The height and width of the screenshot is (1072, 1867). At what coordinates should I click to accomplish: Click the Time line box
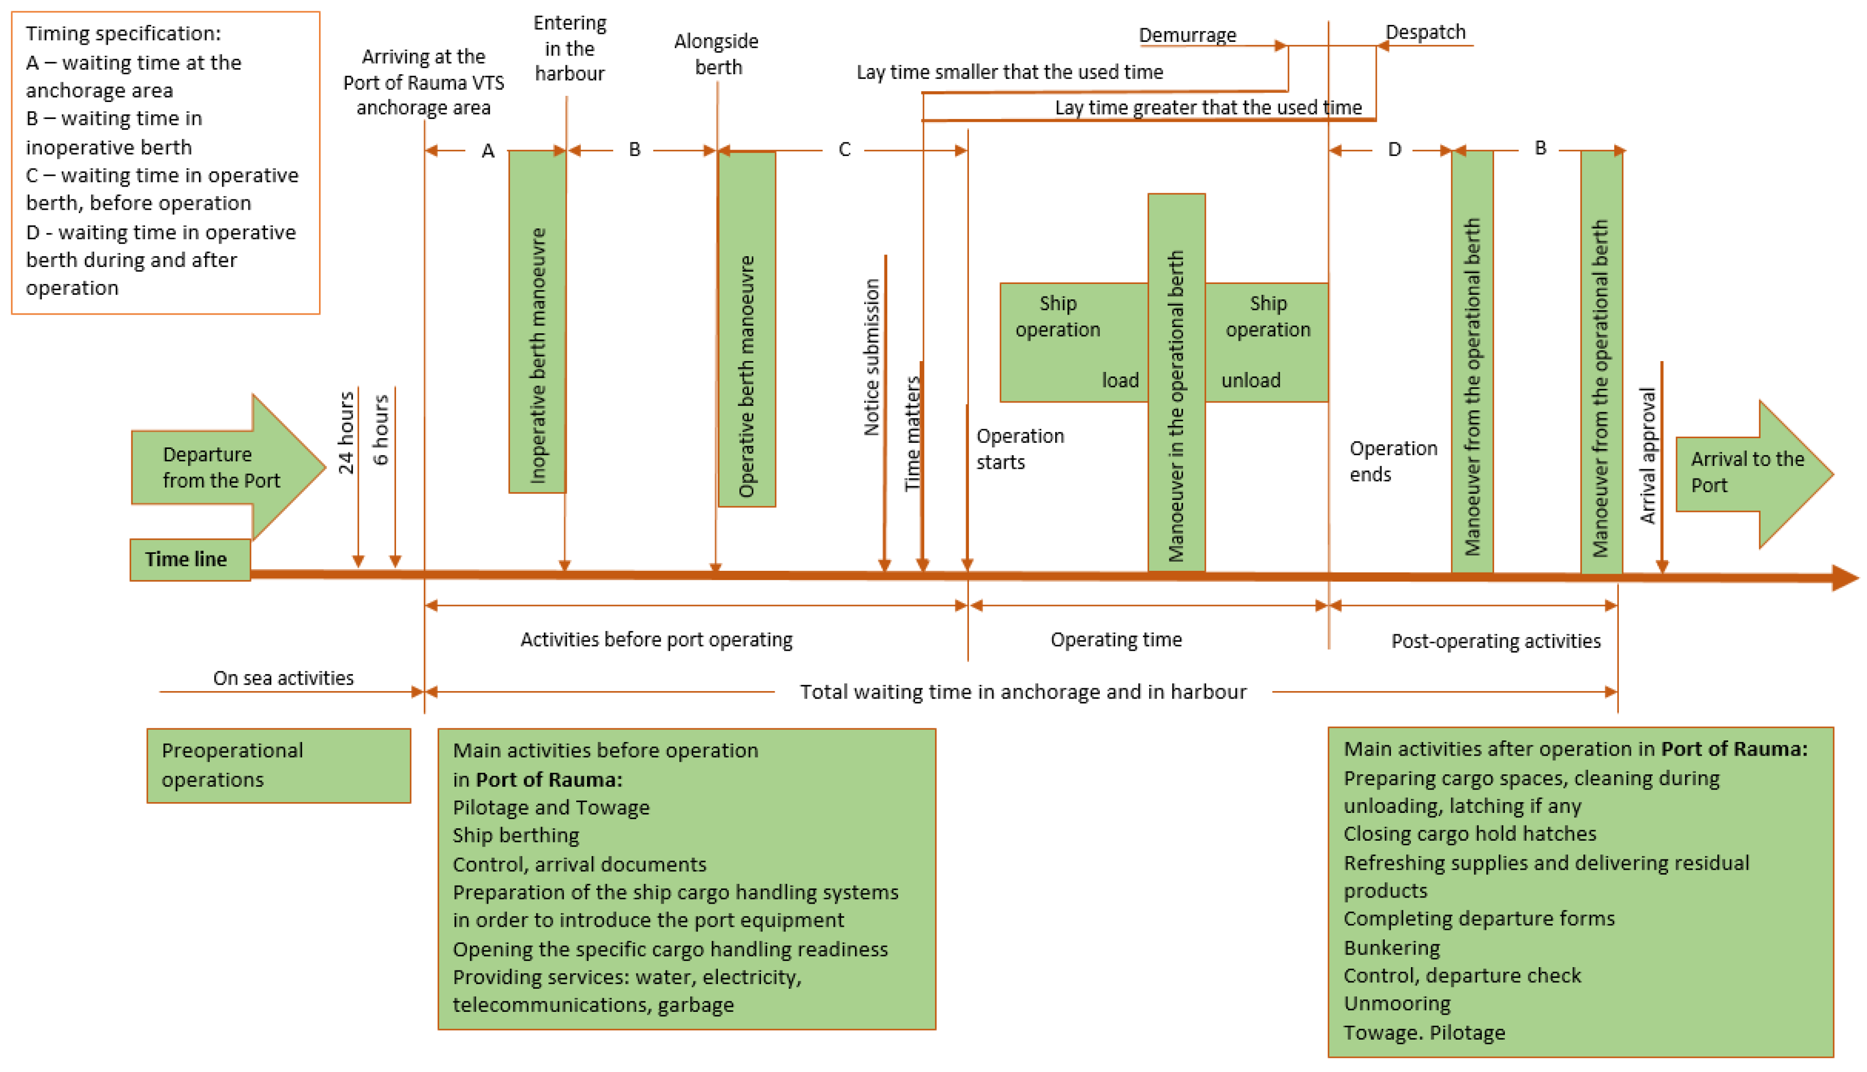point(190,560)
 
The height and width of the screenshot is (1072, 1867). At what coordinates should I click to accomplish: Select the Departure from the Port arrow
point(221,468)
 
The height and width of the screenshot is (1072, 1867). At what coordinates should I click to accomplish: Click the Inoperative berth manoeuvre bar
point(537,322)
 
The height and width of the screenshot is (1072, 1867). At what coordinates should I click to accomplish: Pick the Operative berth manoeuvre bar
point(746,329)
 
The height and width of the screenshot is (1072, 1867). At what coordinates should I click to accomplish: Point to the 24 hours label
point(346,433)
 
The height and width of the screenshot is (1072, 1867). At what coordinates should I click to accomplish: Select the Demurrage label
point(1187,35)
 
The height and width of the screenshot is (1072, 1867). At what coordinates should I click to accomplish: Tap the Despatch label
point(1426,32)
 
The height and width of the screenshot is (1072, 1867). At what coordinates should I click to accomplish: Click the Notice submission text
point(871,357)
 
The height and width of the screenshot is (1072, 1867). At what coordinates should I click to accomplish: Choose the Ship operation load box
point(1073,342)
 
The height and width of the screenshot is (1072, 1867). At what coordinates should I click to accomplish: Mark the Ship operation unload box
point(1266,342)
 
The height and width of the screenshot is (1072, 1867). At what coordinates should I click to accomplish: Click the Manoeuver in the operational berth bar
point(1176,383)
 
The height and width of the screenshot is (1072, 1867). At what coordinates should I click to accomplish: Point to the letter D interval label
point(1394,150)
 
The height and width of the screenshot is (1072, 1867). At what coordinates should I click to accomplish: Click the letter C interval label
point(844,150)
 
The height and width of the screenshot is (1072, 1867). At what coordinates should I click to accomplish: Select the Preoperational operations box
point(278,766)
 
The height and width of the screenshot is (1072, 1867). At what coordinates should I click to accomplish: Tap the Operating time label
point(1116,640)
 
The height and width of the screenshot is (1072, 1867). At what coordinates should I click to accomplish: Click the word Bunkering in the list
point(1391,948)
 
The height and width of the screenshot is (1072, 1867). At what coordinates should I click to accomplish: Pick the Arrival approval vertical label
point(1648,456)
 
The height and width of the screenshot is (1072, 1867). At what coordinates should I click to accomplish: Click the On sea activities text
point(283,678)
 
